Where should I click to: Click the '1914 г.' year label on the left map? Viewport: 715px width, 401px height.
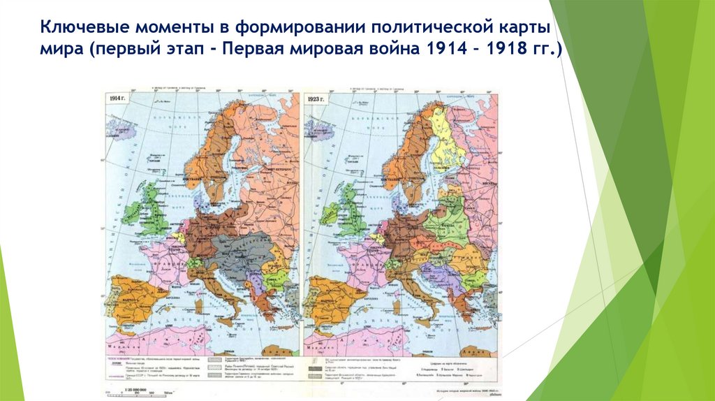(117, 99)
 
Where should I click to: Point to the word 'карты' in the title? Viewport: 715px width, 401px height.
(524, 29)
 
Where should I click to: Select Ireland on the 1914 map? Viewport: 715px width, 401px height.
(134, 212)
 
